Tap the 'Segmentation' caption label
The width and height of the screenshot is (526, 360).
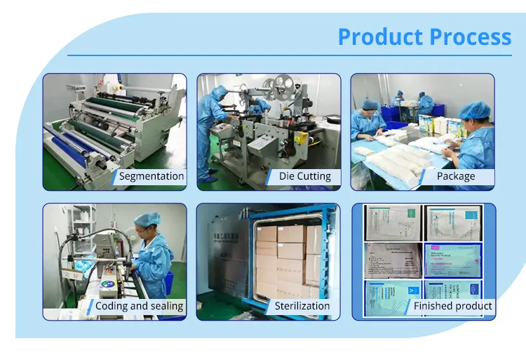tap(151, 176)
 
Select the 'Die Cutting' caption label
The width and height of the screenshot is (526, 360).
tap(304, 176)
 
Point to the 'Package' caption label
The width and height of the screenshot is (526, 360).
tap(455, 176)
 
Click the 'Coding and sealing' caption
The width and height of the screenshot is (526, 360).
tap(139, 306)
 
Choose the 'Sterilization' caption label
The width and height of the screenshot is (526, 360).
tap(302, 306)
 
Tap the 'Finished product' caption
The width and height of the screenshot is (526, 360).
tap(452, 306)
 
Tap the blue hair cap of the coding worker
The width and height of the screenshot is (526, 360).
tap(147, 220)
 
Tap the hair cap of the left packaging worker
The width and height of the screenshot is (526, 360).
tap(370, 105)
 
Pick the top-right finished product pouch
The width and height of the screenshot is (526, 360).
tap(452, 221)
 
